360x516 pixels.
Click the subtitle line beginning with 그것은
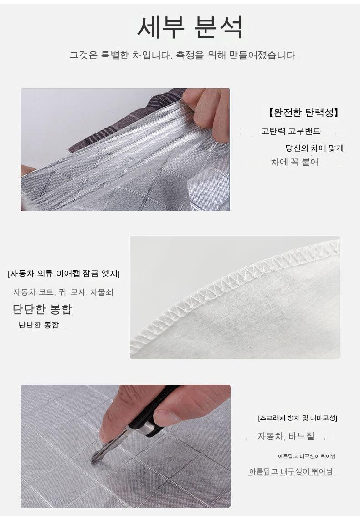(182, 55)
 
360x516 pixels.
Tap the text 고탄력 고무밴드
(291, 131)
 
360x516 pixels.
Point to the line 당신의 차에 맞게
(314, 148)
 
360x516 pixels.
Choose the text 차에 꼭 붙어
(295, 162)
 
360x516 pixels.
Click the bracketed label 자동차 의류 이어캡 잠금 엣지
(63, 273)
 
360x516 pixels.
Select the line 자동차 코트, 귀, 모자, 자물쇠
(63, 292)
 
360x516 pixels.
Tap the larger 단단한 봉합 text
(42, 309)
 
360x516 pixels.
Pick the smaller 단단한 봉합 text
(39, 325)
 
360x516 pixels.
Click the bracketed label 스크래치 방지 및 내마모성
(298, 418)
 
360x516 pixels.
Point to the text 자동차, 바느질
(286, 436)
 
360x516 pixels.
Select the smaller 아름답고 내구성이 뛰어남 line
(307, 456)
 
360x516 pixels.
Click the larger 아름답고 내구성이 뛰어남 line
(291, 471)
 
